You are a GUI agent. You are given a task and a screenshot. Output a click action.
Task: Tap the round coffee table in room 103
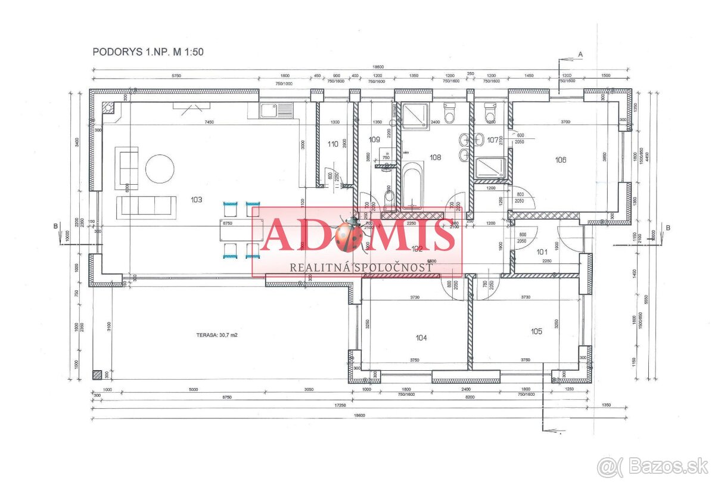click(x=160, y=169)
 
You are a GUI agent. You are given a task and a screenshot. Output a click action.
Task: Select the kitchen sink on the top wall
click(x=276, y=110)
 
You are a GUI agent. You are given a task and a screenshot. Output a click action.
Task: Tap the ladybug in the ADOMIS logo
click(x=347, y=235)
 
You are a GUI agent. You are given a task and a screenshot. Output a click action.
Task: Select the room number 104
click(x=421, y=337)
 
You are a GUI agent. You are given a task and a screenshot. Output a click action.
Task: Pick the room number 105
click(x=536, y=331)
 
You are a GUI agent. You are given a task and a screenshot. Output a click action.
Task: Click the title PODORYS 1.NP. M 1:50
click(x=148, y=52)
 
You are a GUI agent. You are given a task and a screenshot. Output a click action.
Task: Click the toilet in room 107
click(x=491, y=111)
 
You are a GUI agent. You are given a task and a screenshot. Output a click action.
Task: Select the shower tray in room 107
click(x=491, y=167)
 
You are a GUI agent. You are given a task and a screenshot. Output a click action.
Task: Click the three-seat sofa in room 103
click(x=147, y=205)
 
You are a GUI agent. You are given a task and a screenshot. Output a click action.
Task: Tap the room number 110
click(x=332, y=144)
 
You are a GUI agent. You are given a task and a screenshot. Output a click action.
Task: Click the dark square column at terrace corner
click(x=97, y=375)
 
